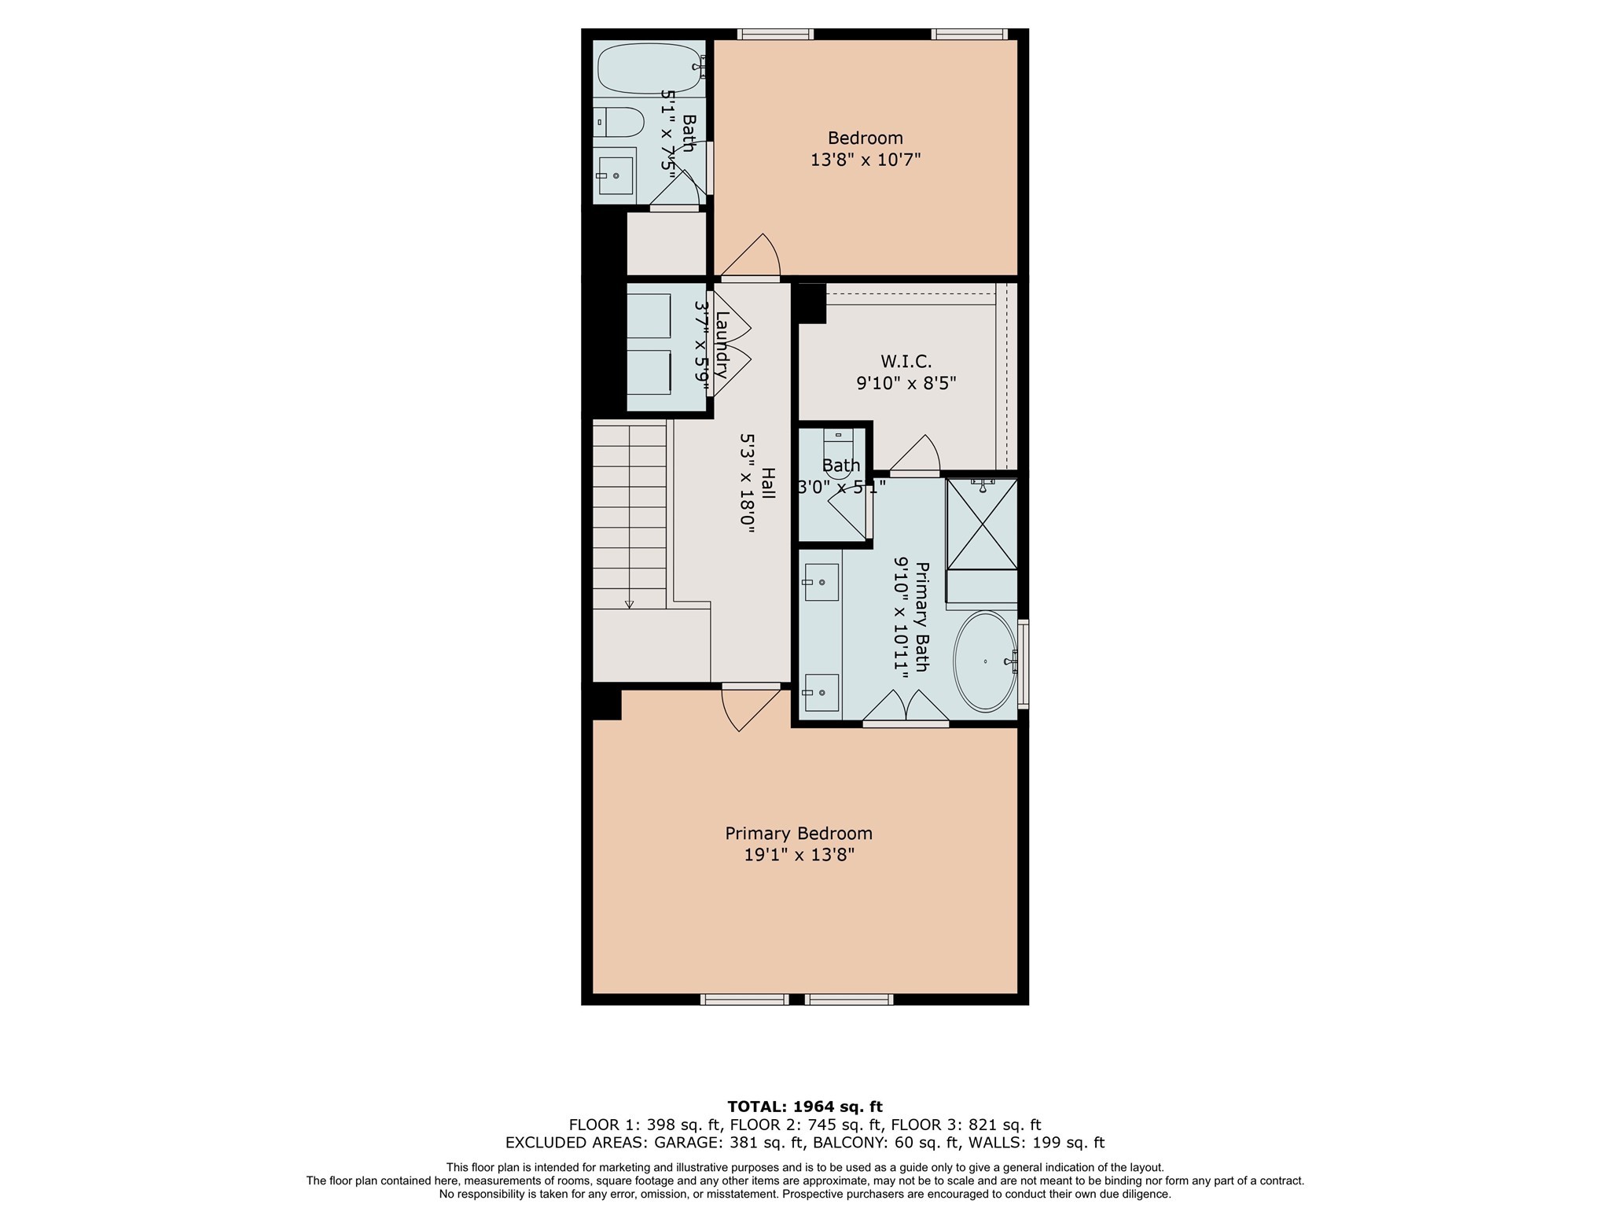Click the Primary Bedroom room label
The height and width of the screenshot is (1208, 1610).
(x=798, y=834)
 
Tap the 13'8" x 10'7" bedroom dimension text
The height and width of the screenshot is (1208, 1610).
(x=865, y=160)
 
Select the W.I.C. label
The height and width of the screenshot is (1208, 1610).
(x=906, y=362)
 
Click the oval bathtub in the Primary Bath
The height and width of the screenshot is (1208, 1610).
(x=984, y=662)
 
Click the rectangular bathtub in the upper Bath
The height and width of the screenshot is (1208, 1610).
(x=648, y=68)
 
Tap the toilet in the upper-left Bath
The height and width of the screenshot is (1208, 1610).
(x=619, y=122)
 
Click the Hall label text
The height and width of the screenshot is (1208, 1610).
(x=768, y=483)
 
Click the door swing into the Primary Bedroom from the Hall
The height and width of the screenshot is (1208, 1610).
(x=747, y=708)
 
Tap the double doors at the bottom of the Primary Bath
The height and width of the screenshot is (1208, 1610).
(x=906, y=707)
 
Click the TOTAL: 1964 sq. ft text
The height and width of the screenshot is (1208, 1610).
(x=804, y=1107)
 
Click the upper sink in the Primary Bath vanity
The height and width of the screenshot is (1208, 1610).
(x=821, y=582)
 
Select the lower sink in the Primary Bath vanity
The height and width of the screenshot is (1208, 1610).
(x=821, y=693)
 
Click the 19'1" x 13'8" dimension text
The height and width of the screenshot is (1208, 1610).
(x=798, y=855)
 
